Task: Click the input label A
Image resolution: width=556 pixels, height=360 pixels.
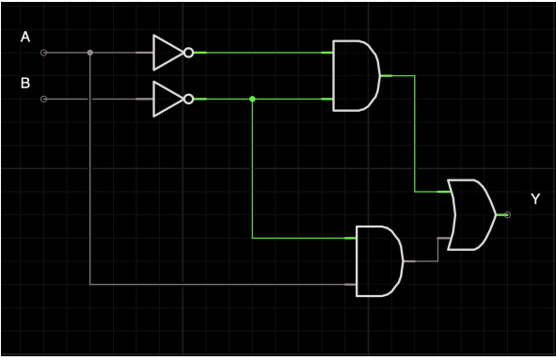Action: pyautogui.click(x=25, y=37)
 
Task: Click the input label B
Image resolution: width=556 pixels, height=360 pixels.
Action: pyautogui.click(x=25, y=84)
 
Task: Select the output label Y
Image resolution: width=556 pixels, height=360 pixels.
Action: pyautogui.click(x=535, y=199)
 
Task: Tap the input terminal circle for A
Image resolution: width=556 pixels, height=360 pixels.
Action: pyautogui.click(x=43, y=53)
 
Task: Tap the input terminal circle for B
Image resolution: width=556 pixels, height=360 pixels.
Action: pyautogui.click(x=43, y=98)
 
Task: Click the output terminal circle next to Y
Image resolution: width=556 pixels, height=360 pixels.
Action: pyautogui.click(x=507, y=215)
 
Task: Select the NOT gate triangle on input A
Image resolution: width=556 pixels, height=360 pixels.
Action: pyautogui.click(x=167, y=53)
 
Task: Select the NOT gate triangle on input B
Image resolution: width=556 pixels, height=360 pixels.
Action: pyautogui.click(x=167, y=98)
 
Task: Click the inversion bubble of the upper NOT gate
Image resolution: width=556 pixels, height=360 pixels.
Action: pyautogui.click(x=189, y=53)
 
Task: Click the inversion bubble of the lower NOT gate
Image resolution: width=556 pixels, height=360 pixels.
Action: pyautogui.click(x=189, y=98)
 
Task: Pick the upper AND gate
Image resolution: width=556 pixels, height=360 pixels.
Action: pyautogui.click(x=356, y=75)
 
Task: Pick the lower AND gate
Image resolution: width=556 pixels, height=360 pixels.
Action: pyautogui.click(x=378, y=260)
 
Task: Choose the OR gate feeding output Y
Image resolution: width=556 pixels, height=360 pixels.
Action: pyautogui.click(x=470, y=215)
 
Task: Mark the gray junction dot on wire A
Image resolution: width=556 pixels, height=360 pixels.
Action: pyautogui.click(x=89, y=53)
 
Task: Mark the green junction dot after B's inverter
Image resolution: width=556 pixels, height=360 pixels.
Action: pyautogui.click(x=252, y=98)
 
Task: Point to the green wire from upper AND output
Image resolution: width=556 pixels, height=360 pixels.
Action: pyautogui.click(x=414, y=132)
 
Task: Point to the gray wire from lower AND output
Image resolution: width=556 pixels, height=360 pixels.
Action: pyautogui.click(x=437, y=250)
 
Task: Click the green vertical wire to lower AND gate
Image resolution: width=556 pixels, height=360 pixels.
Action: pyautogui.click(x=252, y=169)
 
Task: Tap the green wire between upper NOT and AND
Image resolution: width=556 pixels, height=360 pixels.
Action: pyautogui.click(x=263, y=53)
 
